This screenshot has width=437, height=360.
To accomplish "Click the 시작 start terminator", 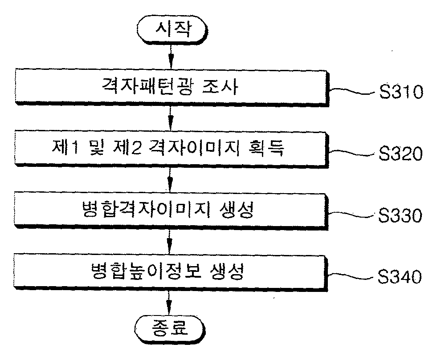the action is [x=172, y=30].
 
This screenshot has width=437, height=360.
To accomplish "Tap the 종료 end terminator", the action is [x=170, y=329].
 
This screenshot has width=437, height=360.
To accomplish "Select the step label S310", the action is [x=401, y=92].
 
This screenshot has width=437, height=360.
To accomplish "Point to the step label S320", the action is [x=400, y=153].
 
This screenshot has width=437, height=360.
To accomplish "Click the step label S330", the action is [x=400, y=215].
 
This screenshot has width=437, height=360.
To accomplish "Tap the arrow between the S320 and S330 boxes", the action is [x=170, y=180].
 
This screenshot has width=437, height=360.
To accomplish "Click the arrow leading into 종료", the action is [x=169, y=303].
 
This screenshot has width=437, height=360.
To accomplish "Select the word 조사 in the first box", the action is [x=220, y=86].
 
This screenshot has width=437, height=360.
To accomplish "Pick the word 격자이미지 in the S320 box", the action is [x=194, y=147].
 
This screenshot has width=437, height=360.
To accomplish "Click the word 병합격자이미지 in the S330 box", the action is [x=146, y=210].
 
